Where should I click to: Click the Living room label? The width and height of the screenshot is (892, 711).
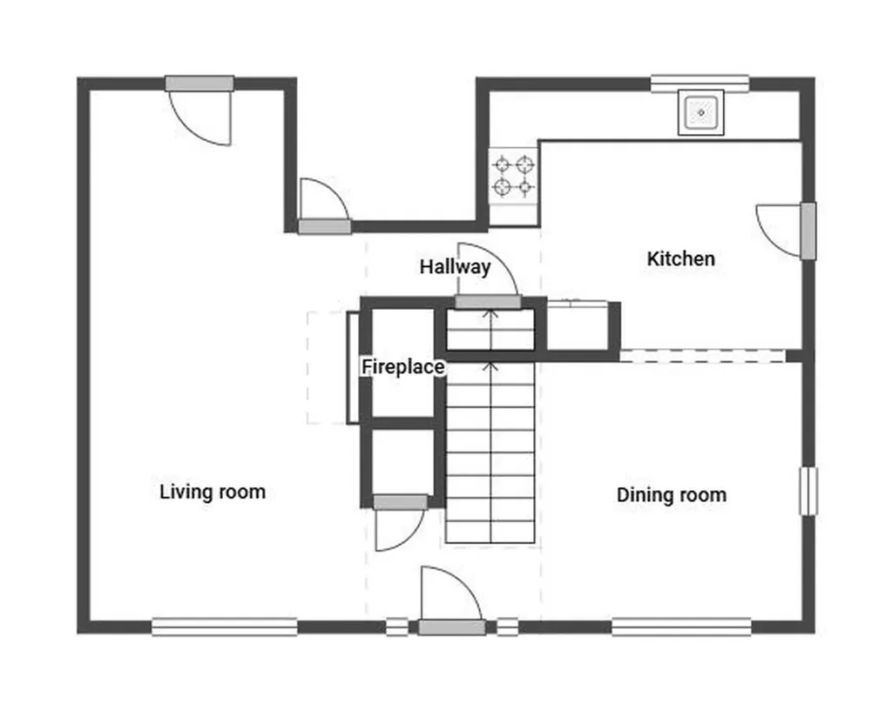coord(213,492)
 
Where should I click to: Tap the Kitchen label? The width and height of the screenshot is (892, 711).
coord(681,258)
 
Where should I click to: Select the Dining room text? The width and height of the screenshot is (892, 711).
coord(672,494)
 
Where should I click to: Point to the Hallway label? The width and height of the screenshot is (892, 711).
coord(455,266)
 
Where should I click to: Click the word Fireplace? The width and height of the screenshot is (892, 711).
coord(403,366)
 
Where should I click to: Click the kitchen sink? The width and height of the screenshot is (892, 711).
coord(701,112)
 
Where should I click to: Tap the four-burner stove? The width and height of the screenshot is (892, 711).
coord(513,176)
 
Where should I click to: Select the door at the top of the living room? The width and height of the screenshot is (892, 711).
coord(199,111)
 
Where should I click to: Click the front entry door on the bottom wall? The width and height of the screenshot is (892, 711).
coord(452,600)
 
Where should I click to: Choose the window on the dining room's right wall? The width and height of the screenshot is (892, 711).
coord(808,492)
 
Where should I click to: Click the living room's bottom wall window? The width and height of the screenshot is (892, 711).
coord(225,627)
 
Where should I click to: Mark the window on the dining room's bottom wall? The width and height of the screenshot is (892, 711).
coord(681,627)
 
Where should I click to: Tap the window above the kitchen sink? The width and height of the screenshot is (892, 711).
coord(699,84)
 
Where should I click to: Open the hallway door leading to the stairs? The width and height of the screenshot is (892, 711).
coord(488,277)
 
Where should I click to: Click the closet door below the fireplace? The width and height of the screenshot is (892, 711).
coord(400,523)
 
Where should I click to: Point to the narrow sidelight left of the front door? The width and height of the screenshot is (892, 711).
coord(397,627)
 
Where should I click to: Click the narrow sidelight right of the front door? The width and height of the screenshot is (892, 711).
coord(508,627)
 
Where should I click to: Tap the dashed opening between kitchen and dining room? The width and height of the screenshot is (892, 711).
coord(703,356)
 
